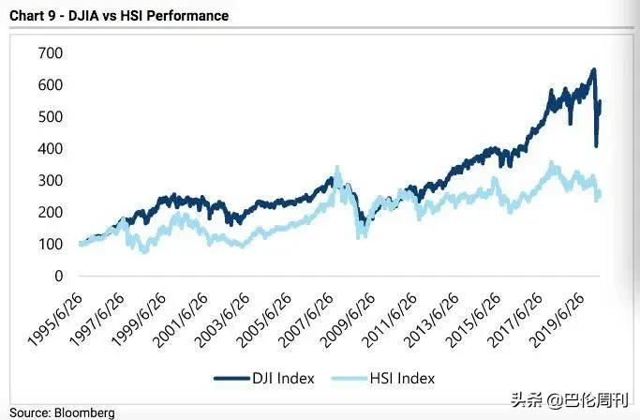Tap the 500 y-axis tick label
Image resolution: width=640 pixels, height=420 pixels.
tap(50, 116)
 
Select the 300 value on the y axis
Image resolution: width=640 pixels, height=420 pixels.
tap(50, 180)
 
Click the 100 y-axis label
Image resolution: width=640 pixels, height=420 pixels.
tap(50, 245)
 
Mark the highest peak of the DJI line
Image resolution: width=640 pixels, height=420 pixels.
tap(593, 69)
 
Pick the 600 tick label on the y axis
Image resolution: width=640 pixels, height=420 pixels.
tap(50, 84)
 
